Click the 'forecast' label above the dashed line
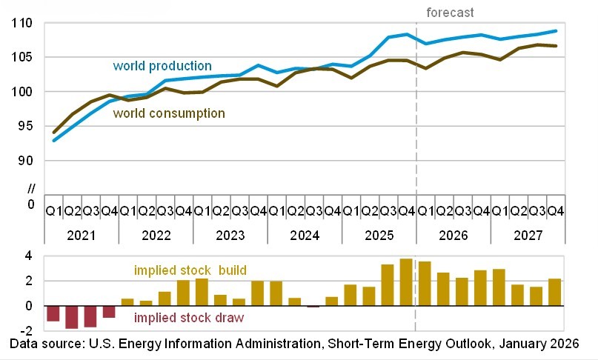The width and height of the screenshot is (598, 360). coord(450,13)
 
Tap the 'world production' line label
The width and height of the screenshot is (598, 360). coord(162,66)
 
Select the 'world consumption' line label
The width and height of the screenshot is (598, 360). coord(168,113)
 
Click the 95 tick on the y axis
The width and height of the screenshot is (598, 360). coord(25,126)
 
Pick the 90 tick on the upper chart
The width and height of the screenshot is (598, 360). coord(25,161)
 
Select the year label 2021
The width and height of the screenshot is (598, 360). coord(82,235)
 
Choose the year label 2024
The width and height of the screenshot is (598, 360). coord(304,235)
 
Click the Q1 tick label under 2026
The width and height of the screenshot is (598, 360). coord(425,211)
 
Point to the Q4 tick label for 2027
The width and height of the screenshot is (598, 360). coord(554,211)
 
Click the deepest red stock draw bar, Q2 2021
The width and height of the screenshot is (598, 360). coord(72,317)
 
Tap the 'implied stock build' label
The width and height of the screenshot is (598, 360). coord(190,270)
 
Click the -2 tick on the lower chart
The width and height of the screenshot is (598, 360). coord(26,331)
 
